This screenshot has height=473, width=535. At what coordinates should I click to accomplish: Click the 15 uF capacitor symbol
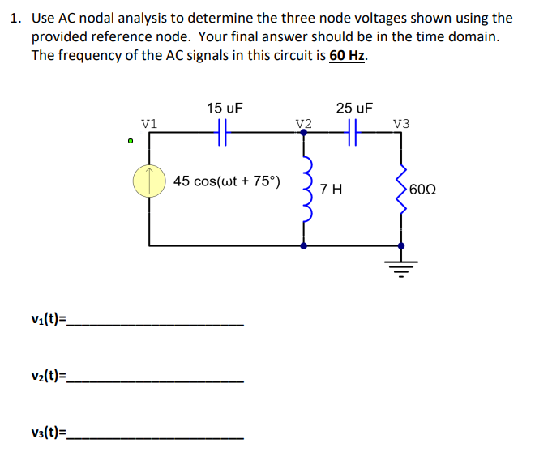[225, 130]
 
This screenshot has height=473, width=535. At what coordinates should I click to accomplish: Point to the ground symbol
[400, 264]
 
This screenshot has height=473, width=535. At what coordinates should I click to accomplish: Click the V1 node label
[149, 123]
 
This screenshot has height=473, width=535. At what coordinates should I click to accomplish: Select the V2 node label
[303, 123]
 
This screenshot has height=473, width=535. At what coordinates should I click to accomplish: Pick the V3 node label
[400, 123]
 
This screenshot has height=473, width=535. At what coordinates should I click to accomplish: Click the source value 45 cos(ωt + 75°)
[227, 181]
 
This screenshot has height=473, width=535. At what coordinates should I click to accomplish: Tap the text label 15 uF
[225, 108]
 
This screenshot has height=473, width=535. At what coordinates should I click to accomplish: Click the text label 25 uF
[354, 108]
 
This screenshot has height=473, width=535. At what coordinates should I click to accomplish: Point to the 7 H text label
[331, 190]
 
